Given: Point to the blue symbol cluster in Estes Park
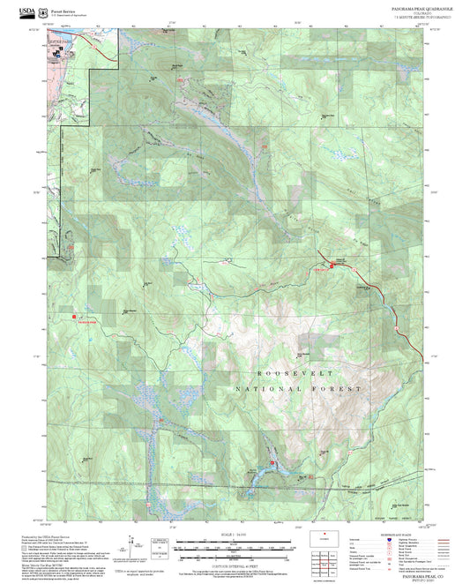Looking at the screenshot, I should click(56, 52).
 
